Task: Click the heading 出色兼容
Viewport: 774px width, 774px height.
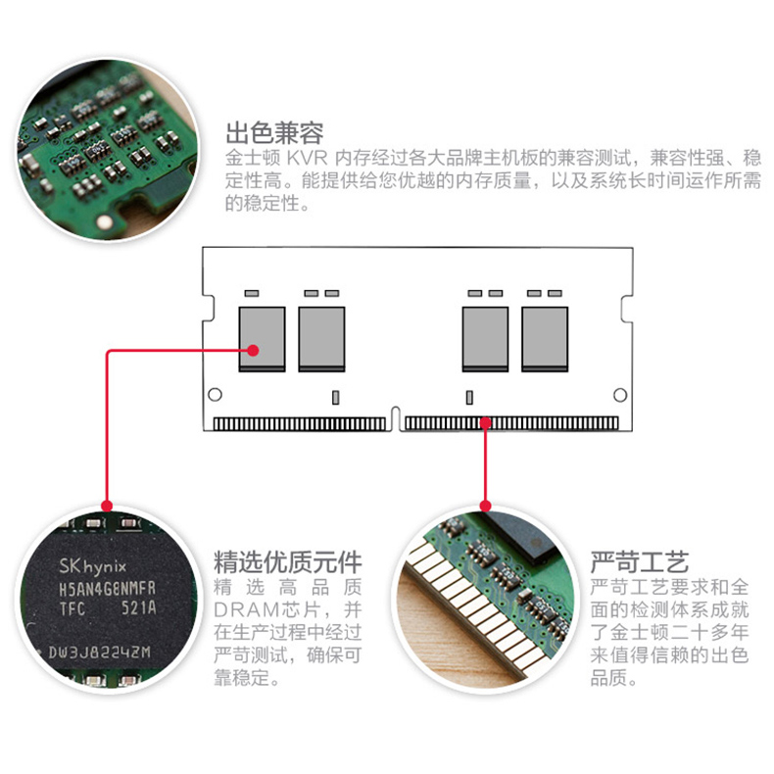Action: tap(274, 132)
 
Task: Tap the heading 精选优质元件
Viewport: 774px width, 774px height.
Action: tap(288, 561)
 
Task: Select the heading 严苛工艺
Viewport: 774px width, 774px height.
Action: tap(640, 561)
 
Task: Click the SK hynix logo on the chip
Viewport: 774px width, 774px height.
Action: tap(92, 566)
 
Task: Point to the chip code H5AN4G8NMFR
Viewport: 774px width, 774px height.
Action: tap(107, 589)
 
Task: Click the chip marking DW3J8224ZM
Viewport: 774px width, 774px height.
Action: tap(99, 653)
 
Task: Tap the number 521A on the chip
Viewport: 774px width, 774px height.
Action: tap(139, 608)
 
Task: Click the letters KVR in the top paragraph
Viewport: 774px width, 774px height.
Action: tap(307, 158)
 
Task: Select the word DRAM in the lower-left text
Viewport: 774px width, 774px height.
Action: tap(247, 610)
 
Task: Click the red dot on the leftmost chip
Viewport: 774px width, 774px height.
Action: tap(253, 351)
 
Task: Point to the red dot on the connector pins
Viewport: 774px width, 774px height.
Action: tap(486, 423)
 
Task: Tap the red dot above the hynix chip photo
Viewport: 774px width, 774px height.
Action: tap(107, 506)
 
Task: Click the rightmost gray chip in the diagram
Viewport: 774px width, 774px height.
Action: tap(545, 339)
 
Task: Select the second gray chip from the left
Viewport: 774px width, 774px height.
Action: tap(321, 339)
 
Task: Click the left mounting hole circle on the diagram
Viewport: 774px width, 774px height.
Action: tap(215, 395)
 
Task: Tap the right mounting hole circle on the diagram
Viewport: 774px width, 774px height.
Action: tap(620, 395)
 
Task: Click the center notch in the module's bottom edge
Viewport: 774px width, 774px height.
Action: tap(395, 419)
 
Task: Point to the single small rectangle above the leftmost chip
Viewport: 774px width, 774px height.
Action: tap(252, 293)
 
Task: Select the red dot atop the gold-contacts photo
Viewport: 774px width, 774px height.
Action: tap(486, 506)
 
